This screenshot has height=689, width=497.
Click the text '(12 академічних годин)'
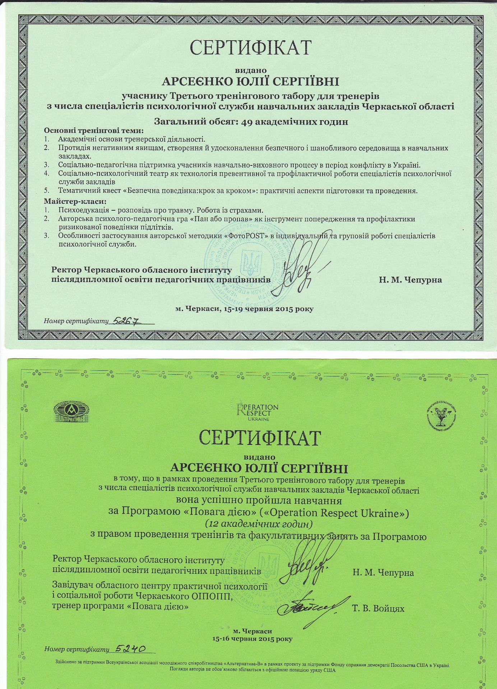coord(258,524)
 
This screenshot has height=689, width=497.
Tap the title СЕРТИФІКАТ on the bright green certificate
coord(259,437)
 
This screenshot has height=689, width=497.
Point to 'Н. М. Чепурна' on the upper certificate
coord(410,280)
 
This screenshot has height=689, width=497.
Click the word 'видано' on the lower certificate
coord(259,457)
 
